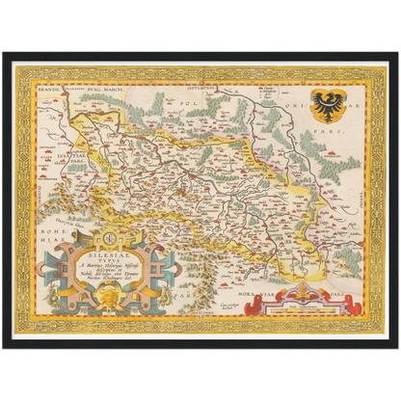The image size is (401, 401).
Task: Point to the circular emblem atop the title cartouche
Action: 109,236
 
